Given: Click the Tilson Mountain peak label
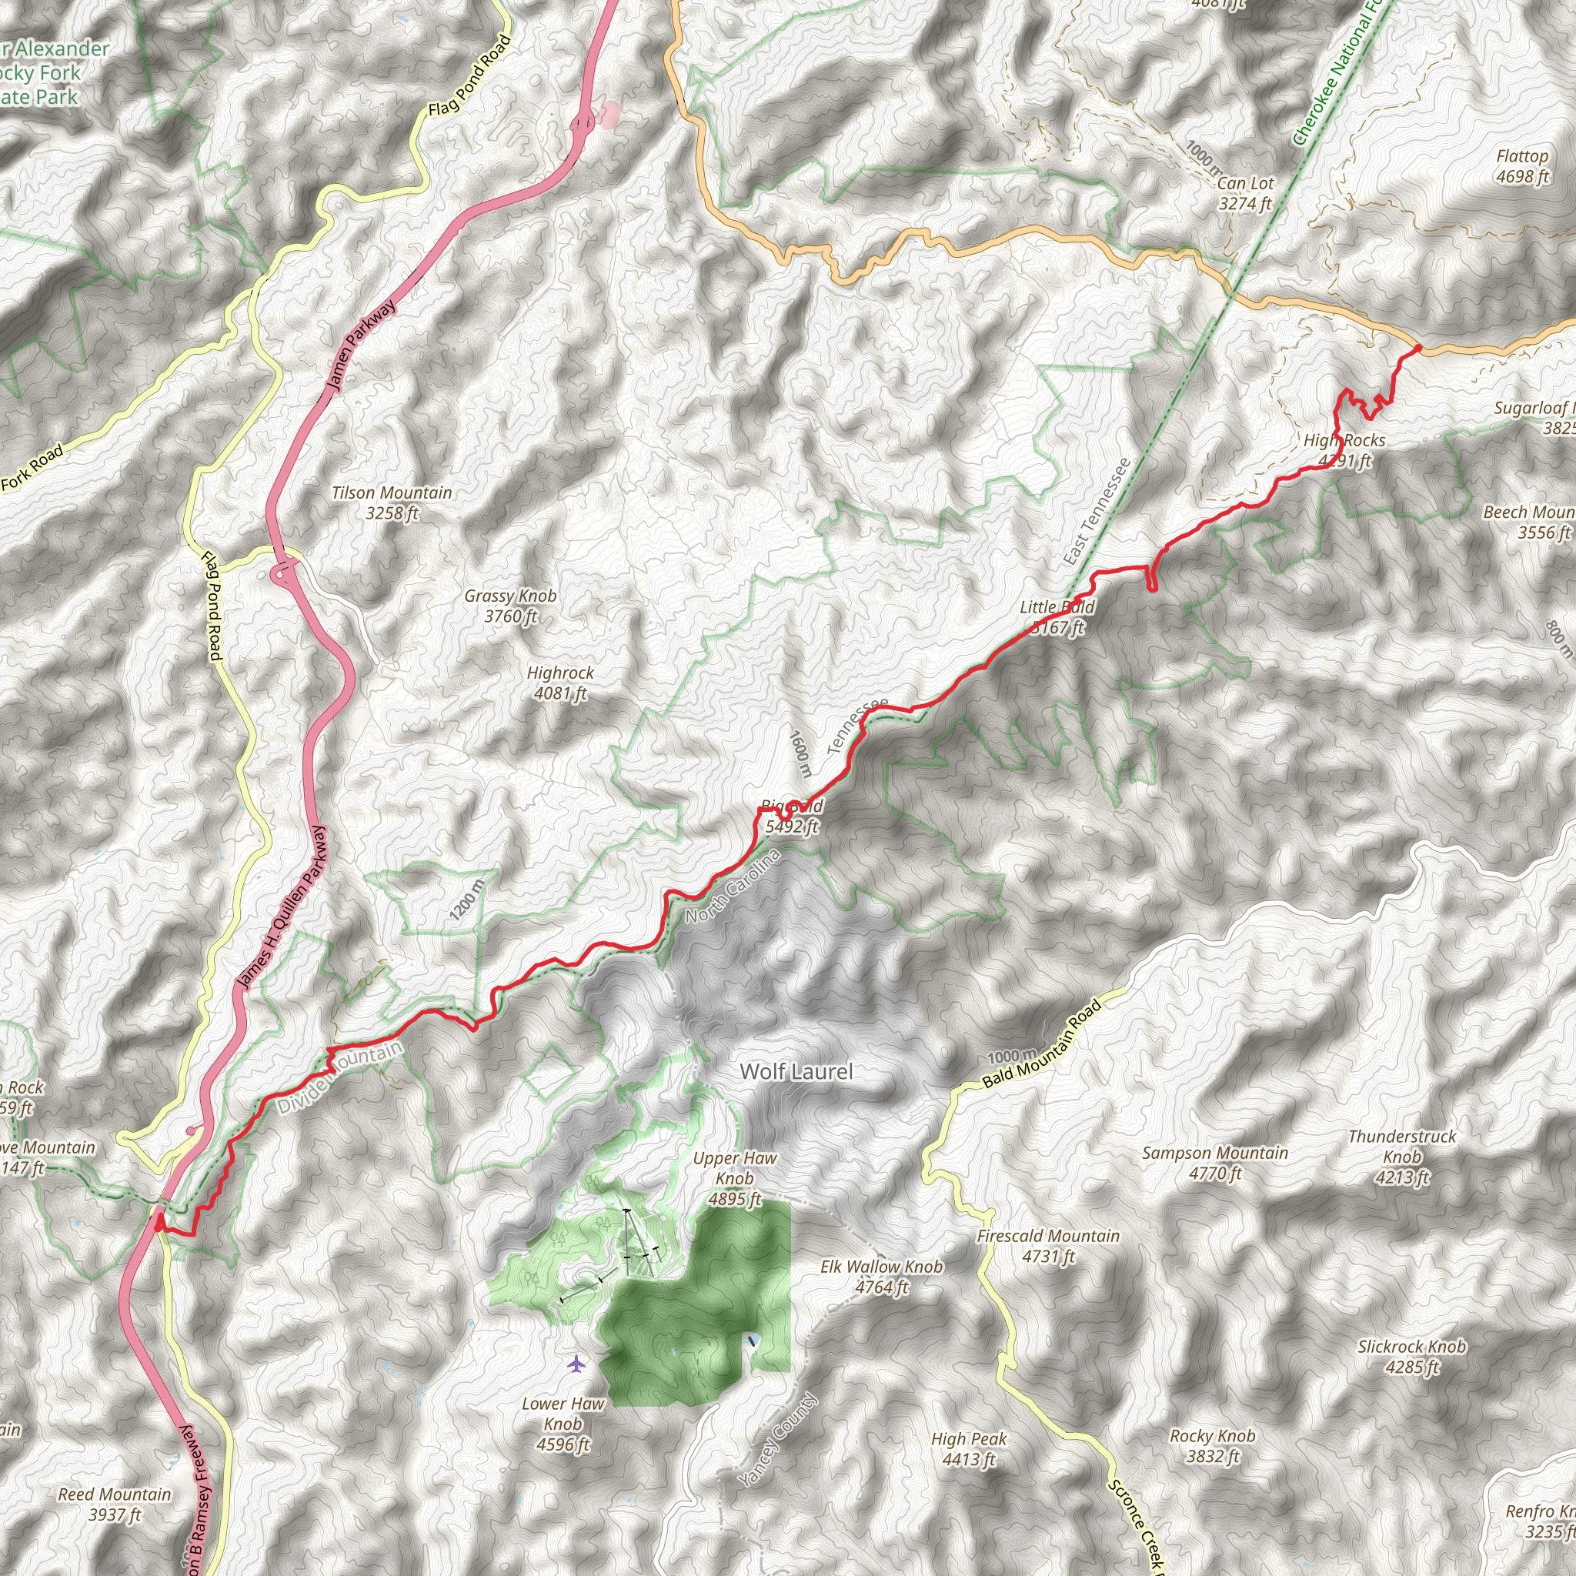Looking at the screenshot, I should pos(392,503).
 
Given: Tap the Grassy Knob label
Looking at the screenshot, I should pos(510,606).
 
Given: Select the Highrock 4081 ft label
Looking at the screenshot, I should pos(559,683).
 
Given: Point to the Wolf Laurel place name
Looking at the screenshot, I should pos(796,1072).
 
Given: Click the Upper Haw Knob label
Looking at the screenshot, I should pos(734,1178).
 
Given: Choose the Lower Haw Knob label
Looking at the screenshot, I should pos(563,1424).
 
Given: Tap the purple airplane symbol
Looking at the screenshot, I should pos(576,1363).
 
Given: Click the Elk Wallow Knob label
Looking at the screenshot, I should pos(881,1277).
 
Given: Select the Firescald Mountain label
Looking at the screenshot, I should pos(1048,1246).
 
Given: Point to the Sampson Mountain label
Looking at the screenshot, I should pos(1214,1163).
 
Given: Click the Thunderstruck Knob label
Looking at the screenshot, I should pos(1401,1156).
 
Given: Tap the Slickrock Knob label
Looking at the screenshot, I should pos(1411,1356).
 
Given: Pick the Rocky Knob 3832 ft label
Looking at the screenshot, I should pos(1212,1445).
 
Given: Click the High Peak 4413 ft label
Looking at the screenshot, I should pos(969,1449).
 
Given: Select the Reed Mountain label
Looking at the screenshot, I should pos(114,1504).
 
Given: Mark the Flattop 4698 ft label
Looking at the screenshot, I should pos(1522,165).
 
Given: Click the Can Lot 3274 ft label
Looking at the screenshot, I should pos(1245,193).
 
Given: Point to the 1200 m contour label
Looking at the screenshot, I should pos(466,900).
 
